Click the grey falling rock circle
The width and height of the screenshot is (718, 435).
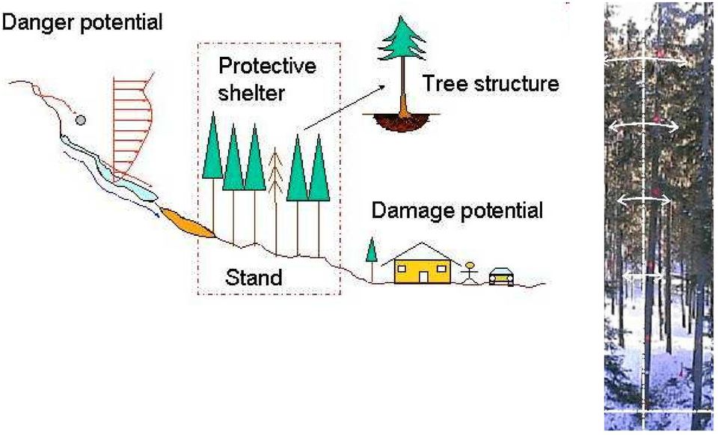pos(81,120)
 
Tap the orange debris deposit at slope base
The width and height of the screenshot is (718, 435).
pos(187,223)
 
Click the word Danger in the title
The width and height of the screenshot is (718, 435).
pos(38,21)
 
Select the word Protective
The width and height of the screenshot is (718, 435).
pos(267,66)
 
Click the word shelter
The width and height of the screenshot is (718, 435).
pos(251,93)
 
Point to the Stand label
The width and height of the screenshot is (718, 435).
pos(254,277)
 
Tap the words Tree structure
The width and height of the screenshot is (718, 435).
pos(491,84)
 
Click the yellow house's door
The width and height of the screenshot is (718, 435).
pos(423,277)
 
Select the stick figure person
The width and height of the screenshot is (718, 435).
pos(470,273)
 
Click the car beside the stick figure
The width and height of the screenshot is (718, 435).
pos(501,276)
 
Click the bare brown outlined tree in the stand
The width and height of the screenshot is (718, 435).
pos(276,201)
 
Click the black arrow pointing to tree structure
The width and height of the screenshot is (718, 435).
pos(343,108)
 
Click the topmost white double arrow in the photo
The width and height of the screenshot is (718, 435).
pos(645,60)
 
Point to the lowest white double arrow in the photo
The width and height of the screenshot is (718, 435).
pos(643,275)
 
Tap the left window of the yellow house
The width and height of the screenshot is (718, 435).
pos(405,268)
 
